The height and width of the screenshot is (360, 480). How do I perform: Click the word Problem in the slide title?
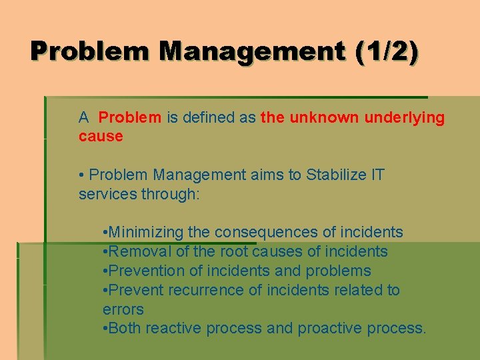click(x=91, y=52)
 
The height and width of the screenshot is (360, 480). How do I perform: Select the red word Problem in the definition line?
click(x=129, y=118)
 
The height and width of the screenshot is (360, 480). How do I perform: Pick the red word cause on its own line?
click(x=101, y=137)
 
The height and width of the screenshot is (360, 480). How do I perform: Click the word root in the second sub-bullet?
click(x=233, y=251)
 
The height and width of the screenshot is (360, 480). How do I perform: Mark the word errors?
click(x=123, y=309)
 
